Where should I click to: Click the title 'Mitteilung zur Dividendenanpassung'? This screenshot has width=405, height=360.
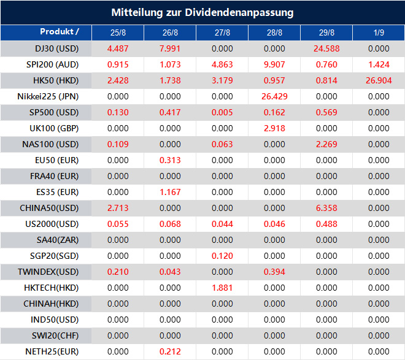(202, 12)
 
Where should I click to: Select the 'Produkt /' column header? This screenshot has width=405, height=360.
(59, 32)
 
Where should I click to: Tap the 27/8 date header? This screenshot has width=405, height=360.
(223, 33)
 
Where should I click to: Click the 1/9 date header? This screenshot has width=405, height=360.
(379, 33)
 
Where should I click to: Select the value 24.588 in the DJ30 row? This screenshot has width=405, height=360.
(326, 48)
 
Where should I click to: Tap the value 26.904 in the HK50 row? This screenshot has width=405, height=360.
(379, 80)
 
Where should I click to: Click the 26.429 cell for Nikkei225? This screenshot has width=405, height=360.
(274, 96)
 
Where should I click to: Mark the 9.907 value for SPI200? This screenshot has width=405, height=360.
(274, 64)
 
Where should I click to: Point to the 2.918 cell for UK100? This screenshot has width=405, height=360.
(274, 128)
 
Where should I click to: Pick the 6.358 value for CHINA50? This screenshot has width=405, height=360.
(326, 208)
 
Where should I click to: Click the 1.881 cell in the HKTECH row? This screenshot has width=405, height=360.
(223, 288)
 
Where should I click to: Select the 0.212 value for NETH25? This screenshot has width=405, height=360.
(170, 351)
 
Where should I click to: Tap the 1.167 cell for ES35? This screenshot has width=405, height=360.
(170, 192)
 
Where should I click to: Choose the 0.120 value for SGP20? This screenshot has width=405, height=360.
(223, 256)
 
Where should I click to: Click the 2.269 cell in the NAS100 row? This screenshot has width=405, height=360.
(326, 144)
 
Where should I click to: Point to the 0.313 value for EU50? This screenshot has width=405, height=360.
(170, 160)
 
